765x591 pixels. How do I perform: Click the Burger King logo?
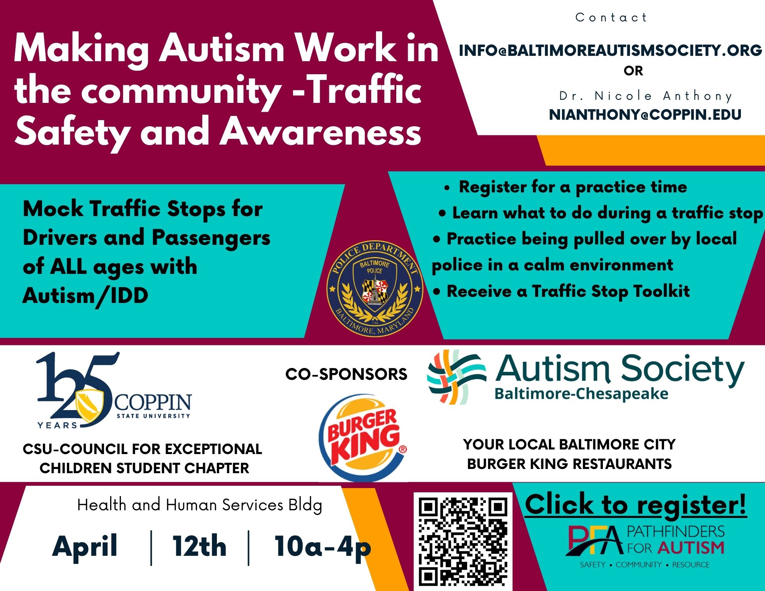click(363, 437)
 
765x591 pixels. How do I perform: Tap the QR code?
click(463, 542)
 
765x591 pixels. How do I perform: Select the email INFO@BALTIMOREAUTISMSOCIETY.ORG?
click(610, 50)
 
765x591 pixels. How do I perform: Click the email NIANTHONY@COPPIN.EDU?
click(645, 114)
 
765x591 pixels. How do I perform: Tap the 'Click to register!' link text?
click(636, 505)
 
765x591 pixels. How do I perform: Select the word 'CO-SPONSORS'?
click(346, 374)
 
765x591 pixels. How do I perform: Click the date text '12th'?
click(199, 546)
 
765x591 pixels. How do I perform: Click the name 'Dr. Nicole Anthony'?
click(646, 96)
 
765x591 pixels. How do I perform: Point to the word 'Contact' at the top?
click(611, 17)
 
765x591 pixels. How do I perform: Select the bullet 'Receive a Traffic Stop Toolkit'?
click(561, 291)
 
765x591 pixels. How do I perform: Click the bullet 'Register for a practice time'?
click(566, 187)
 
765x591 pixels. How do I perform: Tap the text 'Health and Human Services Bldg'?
click(200, 505)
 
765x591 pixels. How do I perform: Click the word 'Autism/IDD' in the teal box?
click(85, 296)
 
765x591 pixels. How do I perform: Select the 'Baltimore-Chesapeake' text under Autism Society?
click(581, 394)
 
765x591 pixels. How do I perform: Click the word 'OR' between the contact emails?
click(633, 71)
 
